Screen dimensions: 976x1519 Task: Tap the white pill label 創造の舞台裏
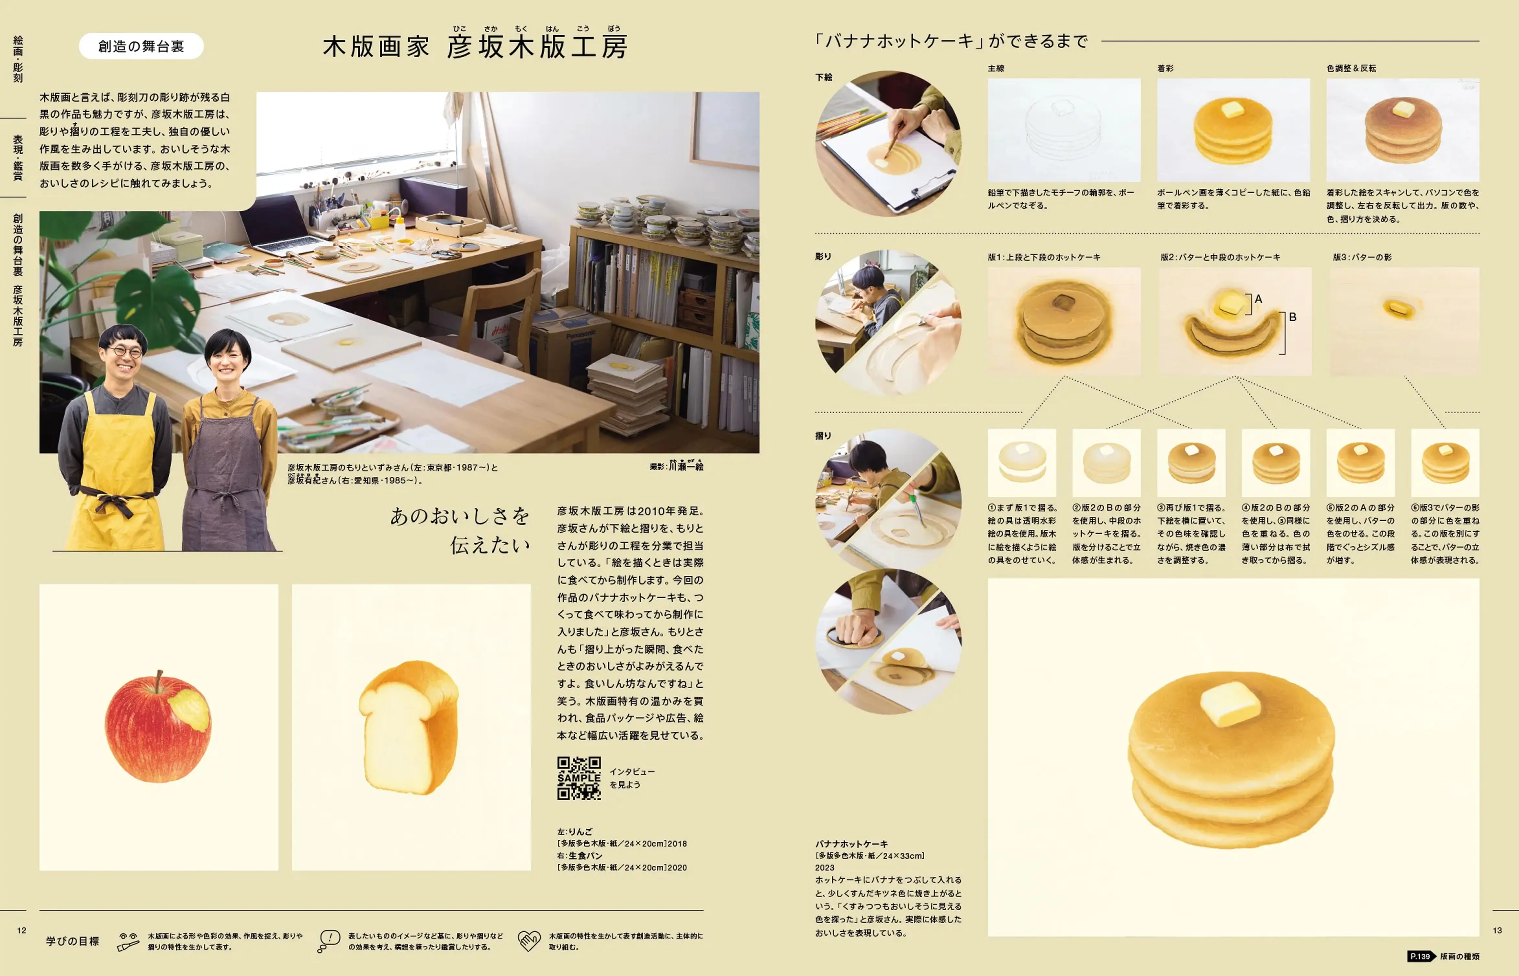pos(141,46)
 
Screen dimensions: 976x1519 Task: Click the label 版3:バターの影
pos(1362,257)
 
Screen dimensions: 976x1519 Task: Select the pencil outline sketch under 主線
pos(1064,130)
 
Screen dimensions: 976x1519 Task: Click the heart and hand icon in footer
pos(529,940)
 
